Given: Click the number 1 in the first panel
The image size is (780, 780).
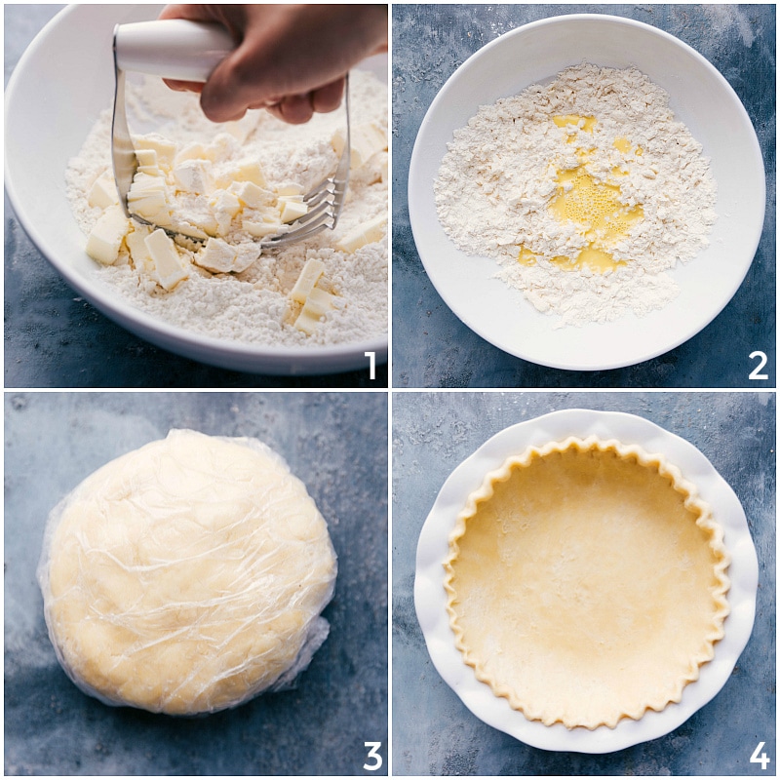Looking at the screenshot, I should pos(370,366).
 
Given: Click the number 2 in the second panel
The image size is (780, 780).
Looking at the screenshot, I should pos(758,366).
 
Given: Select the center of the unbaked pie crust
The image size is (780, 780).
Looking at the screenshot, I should pos(586,585).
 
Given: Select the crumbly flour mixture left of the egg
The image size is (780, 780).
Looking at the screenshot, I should pos(487,195).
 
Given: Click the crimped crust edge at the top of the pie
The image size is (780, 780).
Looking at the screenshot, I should pos(585,445).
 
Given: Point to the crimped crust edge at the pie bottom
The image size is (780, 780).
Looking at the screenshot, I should pos(585,725).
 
